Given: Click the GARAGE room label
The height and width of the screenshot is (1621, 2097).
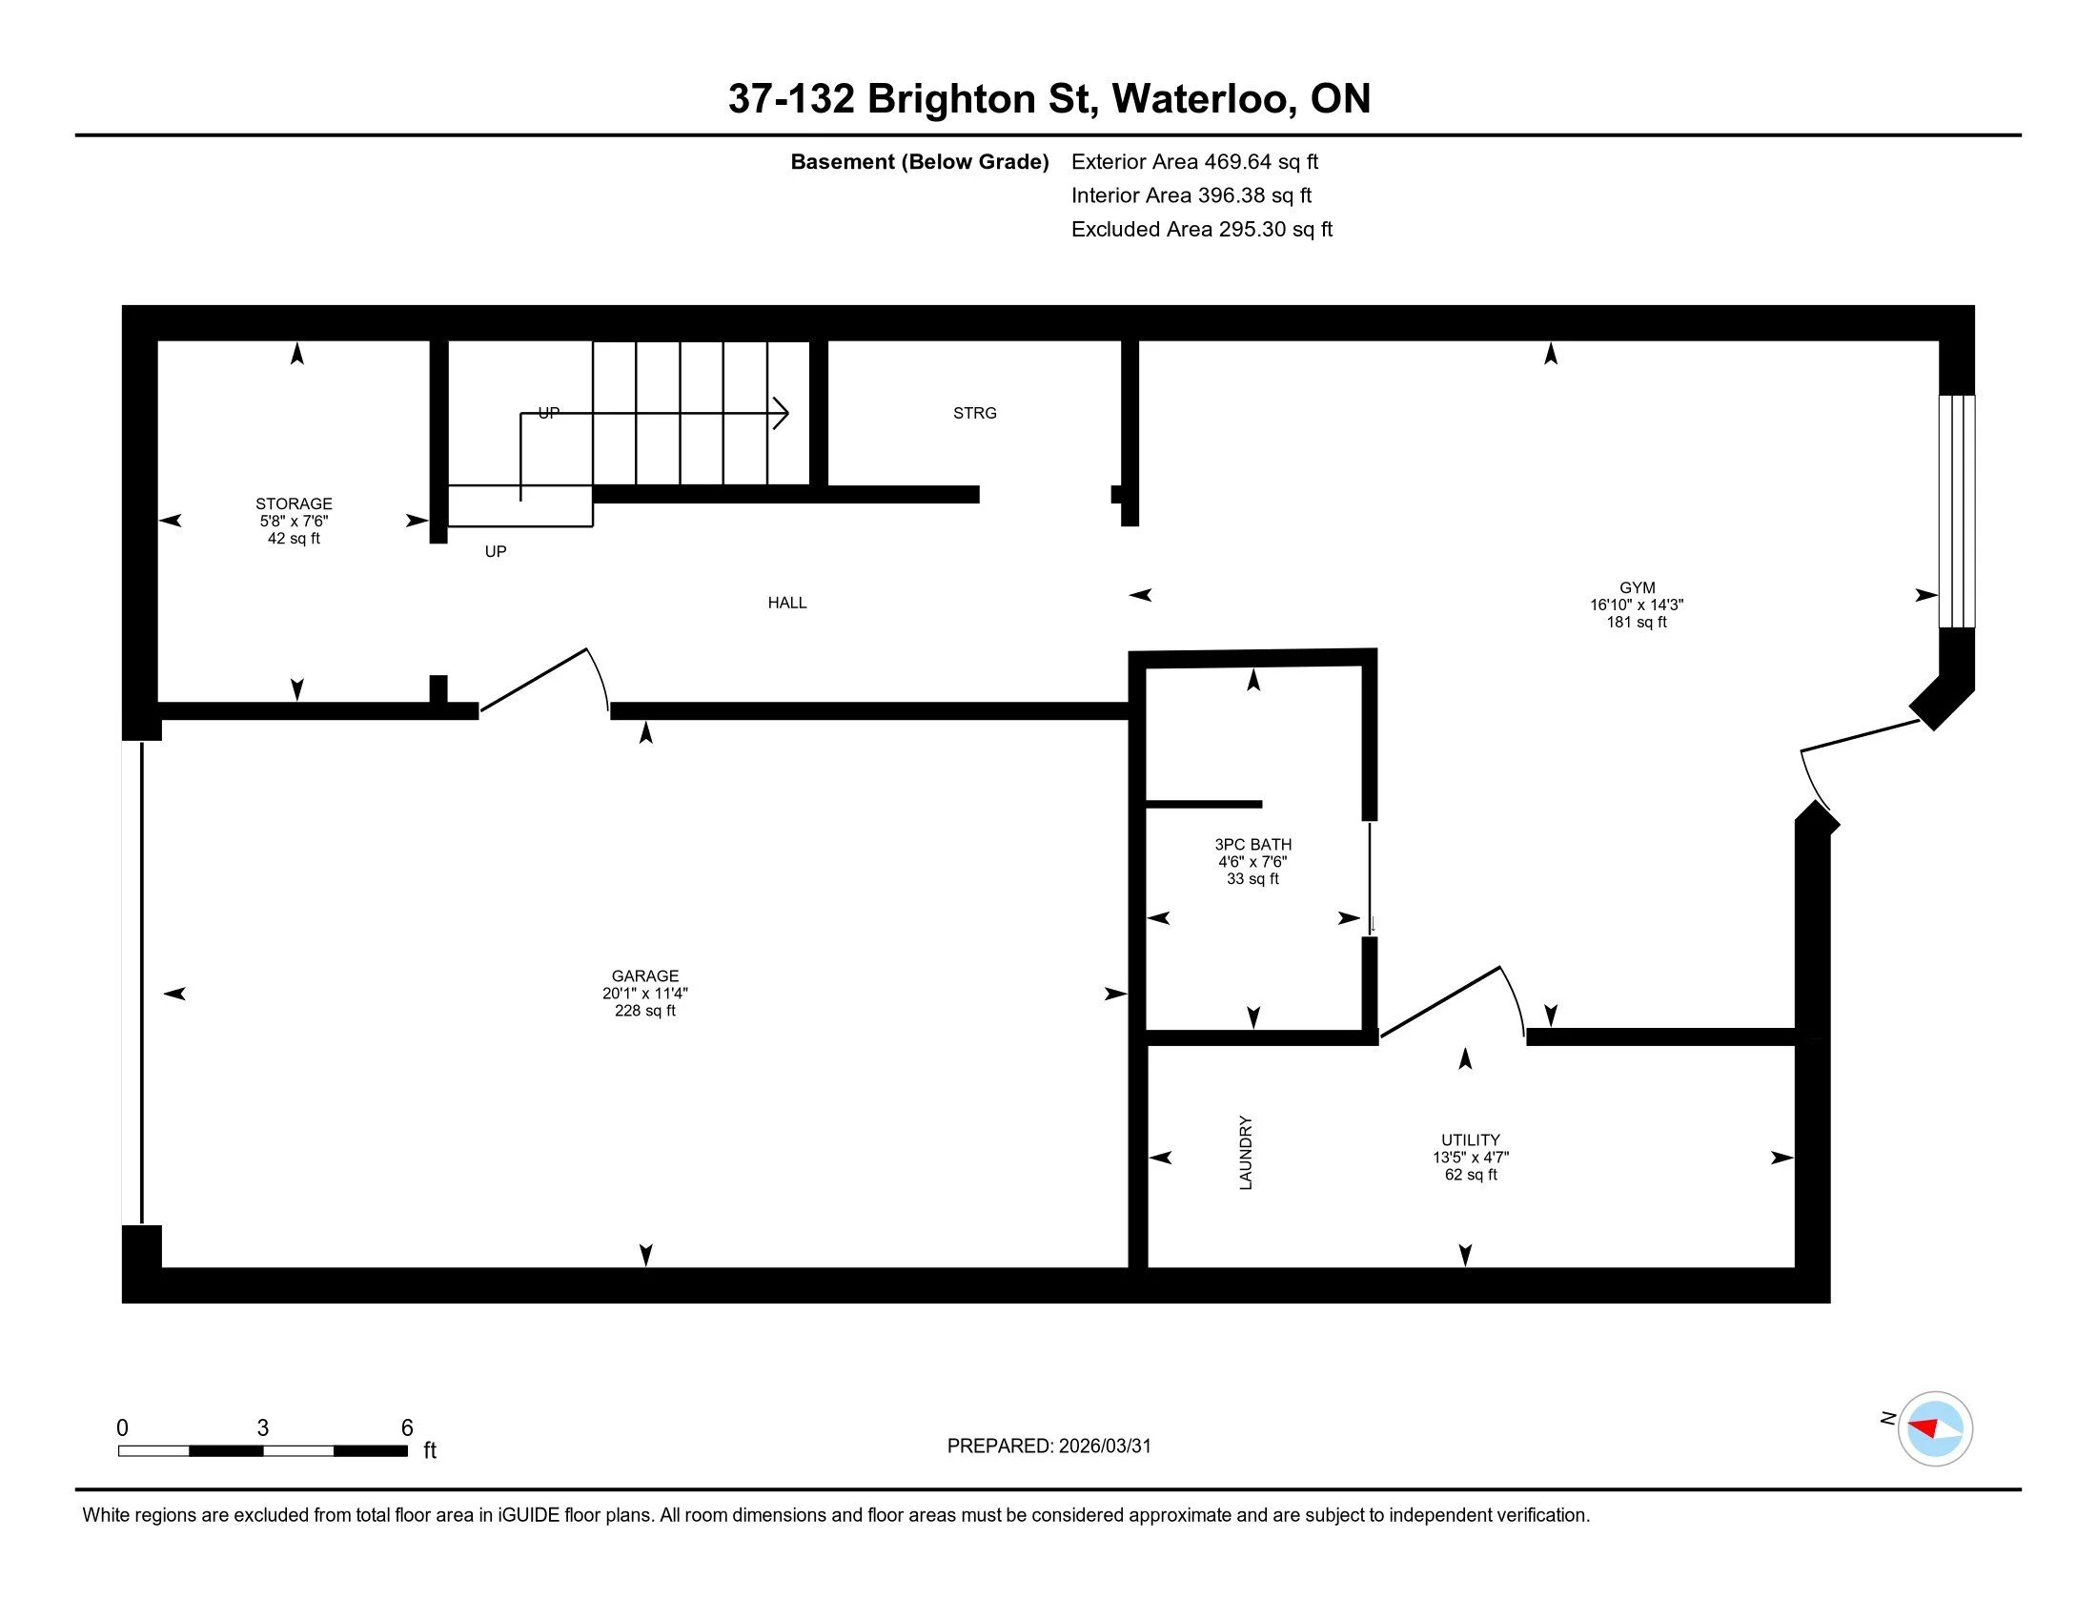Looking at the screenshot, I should click(644, 975).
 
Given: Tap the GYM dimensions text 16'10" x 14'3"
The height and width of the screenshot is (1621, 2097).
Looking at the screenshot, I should click(1636, 605).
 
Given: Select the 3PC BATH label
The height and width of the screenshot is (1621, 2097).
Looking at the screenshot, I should click(1252, 845).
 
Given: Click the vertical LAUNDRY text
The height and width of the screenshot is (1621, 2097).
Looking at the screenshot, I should click(1246, 1153).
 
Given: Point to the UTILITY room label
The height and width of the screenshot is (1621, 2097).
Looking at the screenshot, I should click(1470, 1139).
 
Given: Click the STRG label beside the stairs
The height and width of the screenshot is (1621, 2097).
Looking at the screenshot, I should click(974, 413).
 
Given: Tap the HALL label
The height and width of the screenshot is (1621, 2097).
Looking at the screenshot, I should click(786, 603).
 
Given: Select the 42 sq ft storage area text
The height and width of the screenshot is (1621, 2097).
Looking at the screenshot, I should click(294, 539).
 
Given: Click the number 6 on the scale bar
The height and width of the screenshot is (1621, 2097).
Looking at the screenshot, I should click(407, 1427).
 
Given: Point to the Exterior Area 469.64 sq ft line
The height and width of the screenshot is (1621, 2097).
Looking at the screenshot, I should click(1194, 162).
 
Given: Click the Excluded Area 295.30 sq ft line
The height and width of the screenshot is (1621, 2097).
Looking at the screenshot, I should click(1201, 230).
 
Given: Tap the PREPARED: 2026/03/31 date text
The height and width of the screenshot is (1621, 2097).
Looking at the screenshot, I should click(1048, 1447).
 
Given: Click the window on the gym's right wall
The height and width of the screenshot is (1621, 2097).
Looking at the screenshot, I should click(1956, 511).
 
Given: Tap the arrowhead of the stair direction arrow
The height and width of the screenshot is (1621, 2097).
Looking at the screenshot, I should click(783, 414).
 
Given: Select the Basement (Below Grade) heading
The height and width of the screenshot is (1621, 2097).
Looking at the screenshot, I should click(919, 162).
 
